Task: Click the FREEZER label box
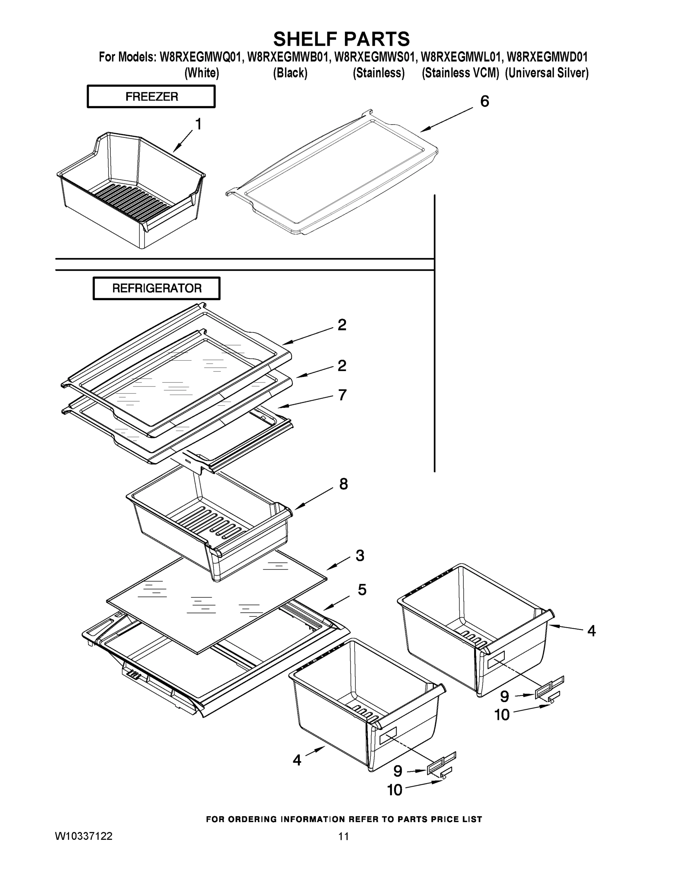[151, 97]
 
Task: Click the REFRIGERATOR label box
[157, 288]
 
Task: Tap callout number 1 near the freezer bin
[198, 124]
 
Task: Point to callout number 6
[484, 102]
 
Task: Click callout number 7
[342, 395]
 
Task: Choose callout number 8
[343, 484]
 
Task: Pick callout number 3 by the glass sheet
[360, 555]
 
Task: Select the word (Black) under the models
[290, 73]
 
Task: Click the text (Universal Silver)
[547, 73]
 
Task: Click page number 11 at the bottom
[343, 837]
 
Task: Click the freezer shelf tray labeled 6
[333, 175]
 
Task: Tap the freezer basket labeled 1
[130, 190]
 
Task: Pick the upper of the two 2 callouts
[342, 325]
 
